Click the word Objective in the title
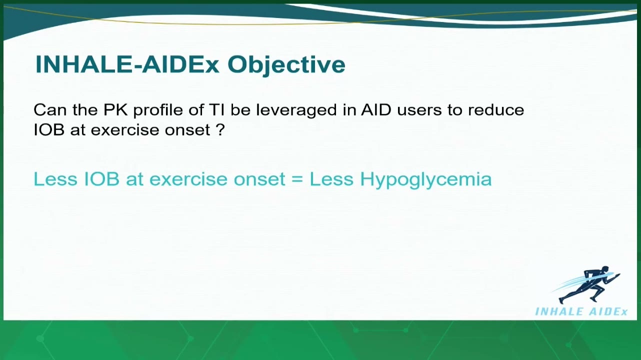click(286, 65)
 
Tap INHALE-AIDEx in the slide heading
click(127, 64)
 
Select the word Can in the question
click(50, 109)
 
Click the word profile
click(158, 110)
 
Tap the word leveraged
click(296, 110)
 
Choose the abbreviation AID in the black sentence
click(376, 109)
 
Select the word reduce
click(496, 109)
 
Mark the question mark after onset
click(219, 130)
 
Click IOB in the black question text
click(48, 130)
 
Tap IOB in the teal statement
click(101, 179)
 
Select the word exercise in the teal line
click(188, 179)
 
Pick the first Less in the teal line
click(55, 179)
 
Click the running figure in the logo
click(586, 284)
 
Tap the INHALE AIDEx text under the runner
click(581, 311)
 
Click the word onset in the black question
click(187, 130)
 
